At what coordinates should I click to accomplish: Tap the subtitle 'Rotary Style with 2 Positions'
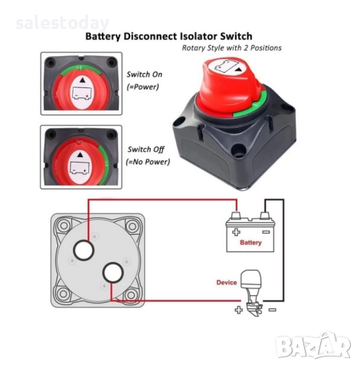pyautogui.click(x=231, y=48)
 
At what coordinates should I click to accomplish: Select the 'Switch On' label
pyautogui.click(x=144, y=74)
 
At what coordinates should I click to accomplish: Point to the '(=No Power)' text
pyautogui.click(x=148, y=162)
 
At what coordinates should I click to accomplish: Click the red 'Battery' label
pyautogui.click(x=250, y=242)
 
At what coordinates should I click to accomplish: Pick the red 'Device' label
pyautogui.click(x=227, y=282)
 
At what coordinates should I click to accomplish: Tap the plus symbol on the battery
pyautogui.click(x=236, y=232)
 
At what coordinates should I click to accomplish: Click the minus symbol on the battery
pyautogui.click(x=266, y=232)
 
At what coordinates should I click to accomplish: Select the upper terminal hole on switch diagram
pyautogui.click(x=83, y=250)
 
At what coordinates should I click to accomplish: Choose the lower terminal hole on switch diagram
pyautogui.click(x=113, y=273)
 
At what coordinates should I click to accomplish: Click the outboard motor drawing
pyautogui.click(x=252, y=292)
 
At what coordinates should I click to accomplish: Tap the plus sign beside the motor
pyautogui.click(x=238, y=310)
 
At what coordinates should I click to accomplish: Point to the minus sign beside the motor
pyautogui.click(x=273, y=310)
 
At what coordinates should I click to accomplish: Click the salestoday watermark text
pyautogui.click(x=63, y=23)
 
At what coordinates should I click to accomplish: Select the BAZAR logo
pyautogui.click(x=313, y=347)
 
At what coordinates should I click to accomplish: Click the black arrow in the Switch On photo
pyautogui.click(x=82, y=80)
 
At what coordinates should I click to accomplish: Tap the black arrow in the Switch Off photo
pyautogui.click(x=80, y=155)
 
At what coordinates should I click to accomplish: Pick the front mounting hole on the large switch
pyautogui.click(x=238, y=149)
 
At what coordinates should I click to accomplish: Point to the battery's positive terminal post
pyautogui.click(x=236, y=215)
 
